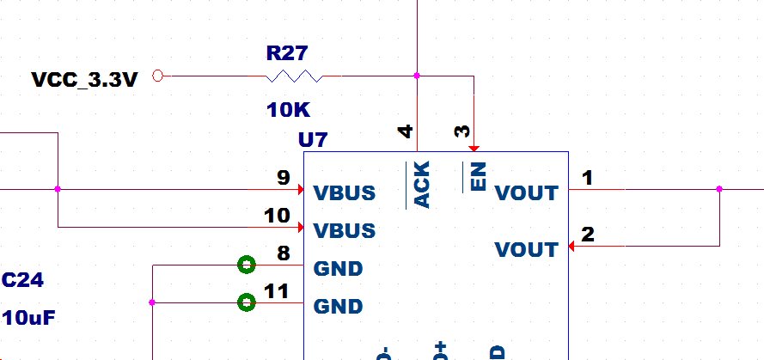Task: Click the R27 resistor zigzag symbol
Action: coord(294,76)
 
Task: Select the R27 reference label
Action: coord(286,54)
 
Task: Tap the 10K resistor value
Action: coord(287,110)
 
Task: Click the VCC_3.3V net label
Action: coord(85,80)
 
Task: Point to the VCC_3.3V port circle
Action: coord(157,76)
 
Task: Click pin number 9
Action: coord(283,178)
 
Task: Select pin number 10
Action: coord(278,216)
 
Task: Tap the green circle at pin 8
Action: coord(247,265)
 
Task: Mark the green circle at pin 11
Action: coord(247,302)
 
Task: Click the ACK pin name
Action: coord(422,184)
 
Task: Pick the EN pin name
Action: coord(479,178)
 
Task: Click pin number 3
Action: coord(463,131)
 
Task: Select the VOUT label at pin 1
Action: coord(527,192)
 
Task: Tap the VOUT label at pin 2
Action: coord(527,249)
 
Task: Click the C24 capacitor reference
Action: coord(23,280)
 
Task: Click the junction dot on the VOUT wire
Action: coord(719,189)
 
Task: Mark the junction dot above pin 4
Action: coord(417,76)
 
